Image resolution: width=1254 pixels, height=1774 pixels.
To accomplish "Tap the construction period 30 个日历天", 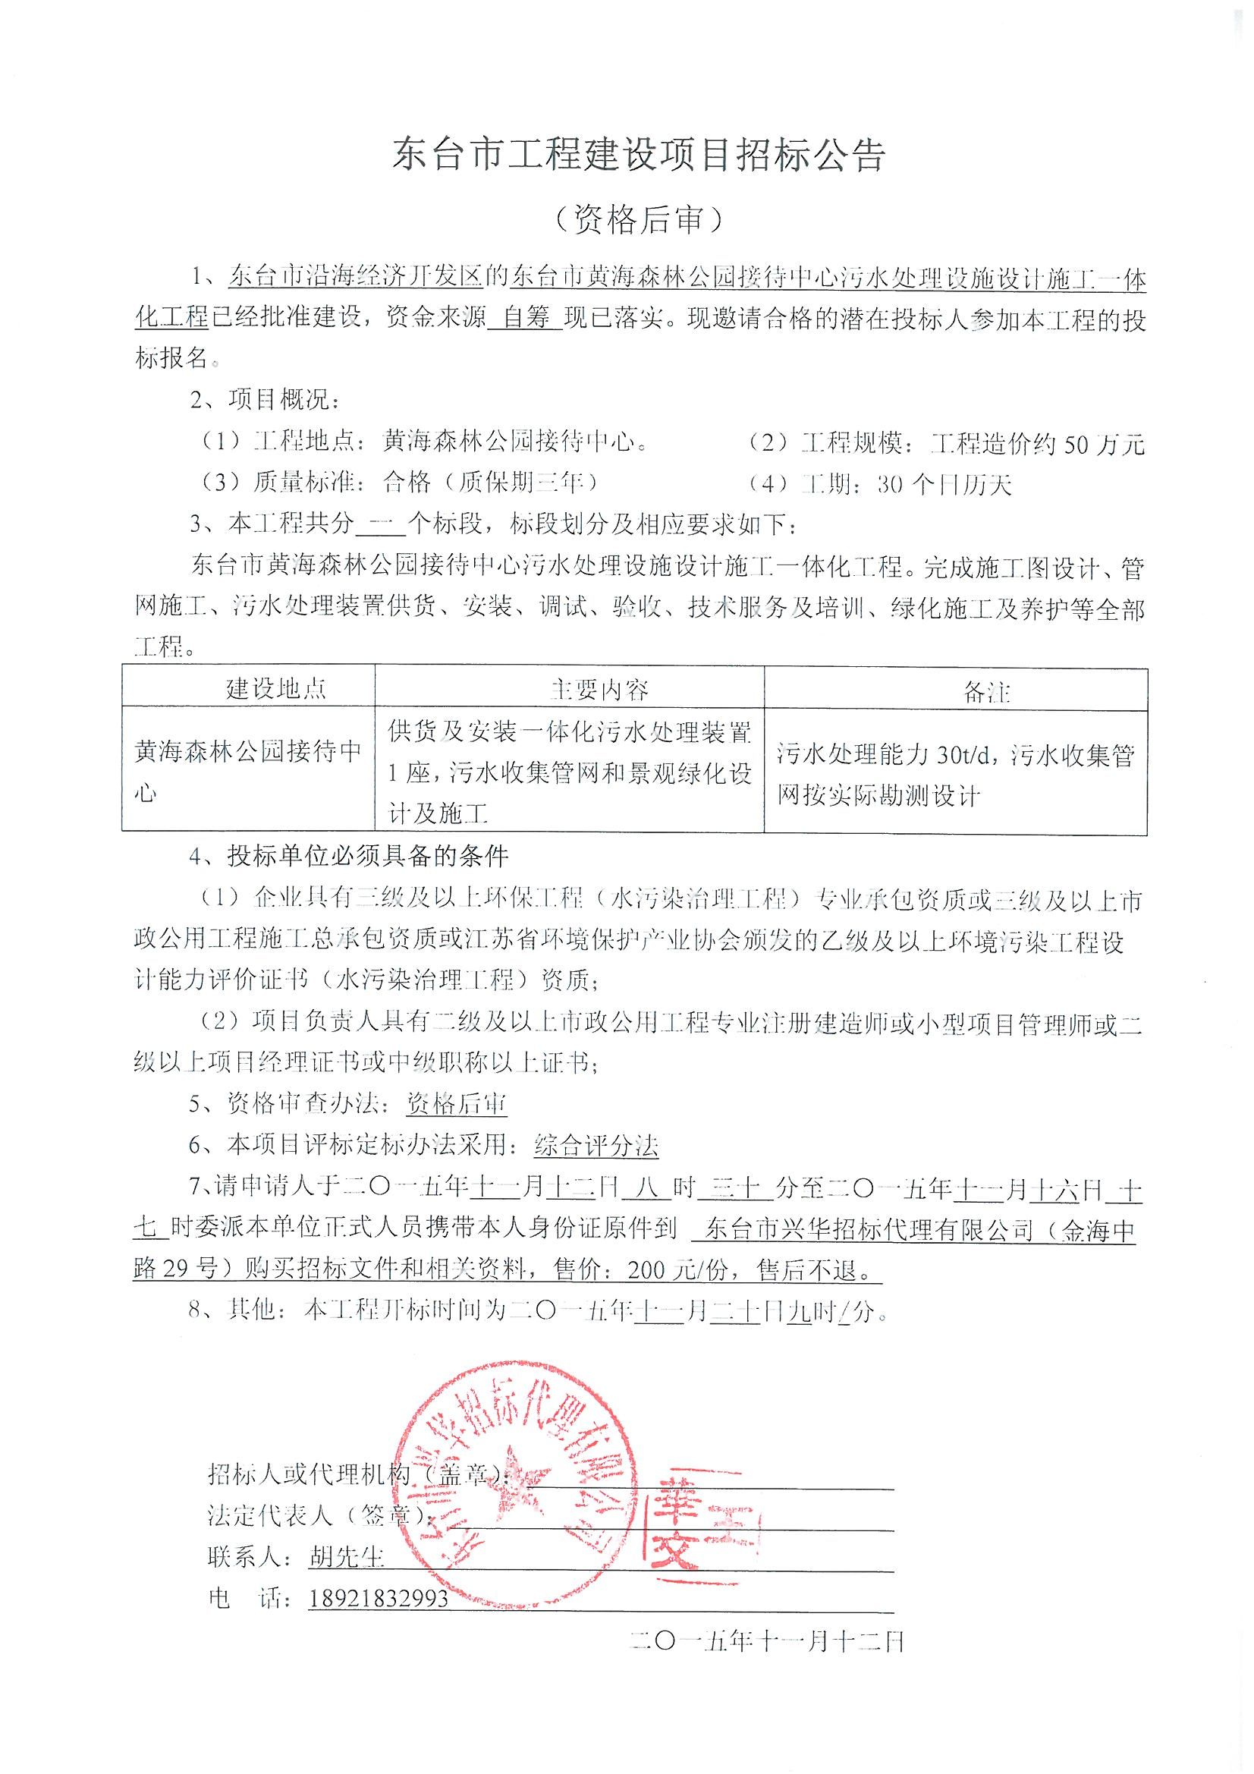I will (944, 484).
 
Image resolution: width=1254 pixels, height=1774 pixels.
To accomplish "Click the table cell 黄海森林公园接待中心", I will (247, 770).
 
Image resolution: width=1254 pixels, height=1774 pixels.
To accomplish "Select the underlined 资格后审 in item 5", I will (457, 1105).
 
